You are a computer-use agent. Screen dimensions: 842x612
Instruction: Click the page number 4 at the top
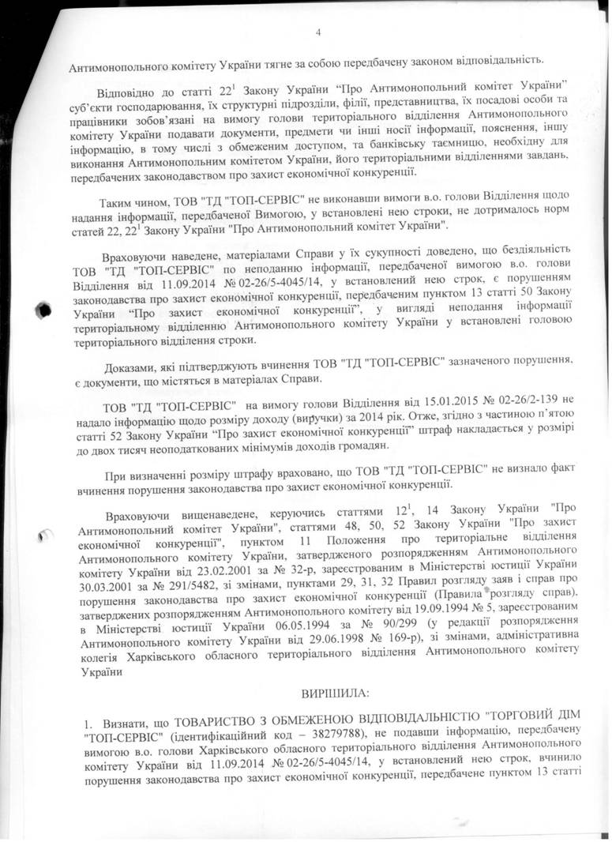click(x=317, y=32)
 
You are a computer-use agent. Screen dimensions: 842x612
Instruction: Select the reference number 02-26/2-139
click(x=541, y=403)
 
